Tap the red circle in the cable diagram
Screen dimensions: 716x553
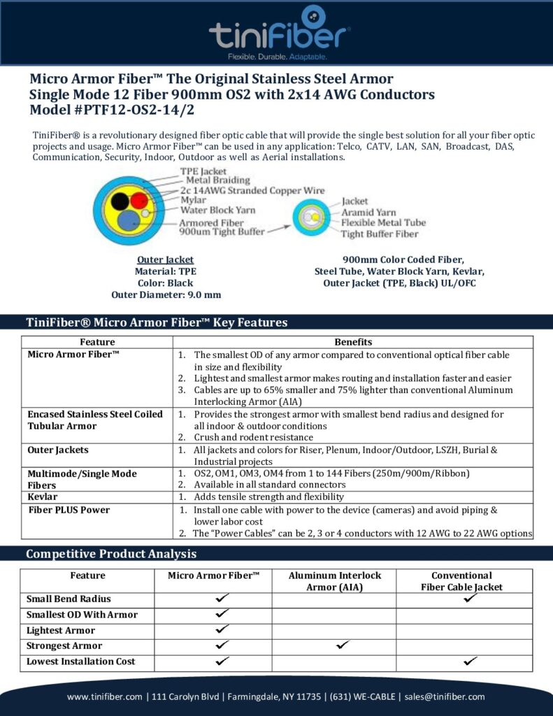click(139, 199)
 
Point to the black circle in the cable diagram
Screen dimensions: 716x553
click(120, 202)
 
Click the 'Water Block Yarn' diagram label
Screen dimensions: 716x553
click(218, 210)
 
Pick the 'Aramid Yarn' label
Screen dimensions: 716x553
click(368, 212)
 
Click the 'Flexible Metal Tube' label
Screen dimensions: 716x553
click(383, 222)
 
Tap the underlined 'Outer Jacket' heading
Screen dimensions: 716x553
click(165, 259)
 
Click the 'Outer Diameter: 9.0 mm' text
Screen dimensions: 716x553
click(166, 294)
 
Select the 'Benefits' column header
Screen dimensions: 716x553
click(353, 342)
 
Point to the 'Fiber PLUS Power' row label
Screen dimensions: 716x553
click(69, 510)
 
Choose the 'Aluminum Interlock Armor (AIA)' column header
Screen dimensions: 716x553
click(335, 581)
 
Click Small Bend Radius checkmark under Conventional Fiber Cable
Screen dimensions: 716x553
click(470, 599)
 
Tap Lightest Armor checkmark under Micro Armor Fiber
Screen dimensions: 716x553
click(222, 630)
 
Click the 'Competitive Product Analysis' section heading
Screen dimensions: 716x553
click(110, 554)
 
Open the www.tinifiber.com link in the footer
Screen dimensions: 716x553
click(106, 696)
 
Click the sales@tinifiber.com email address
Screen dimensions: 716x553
click(445, 696)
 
